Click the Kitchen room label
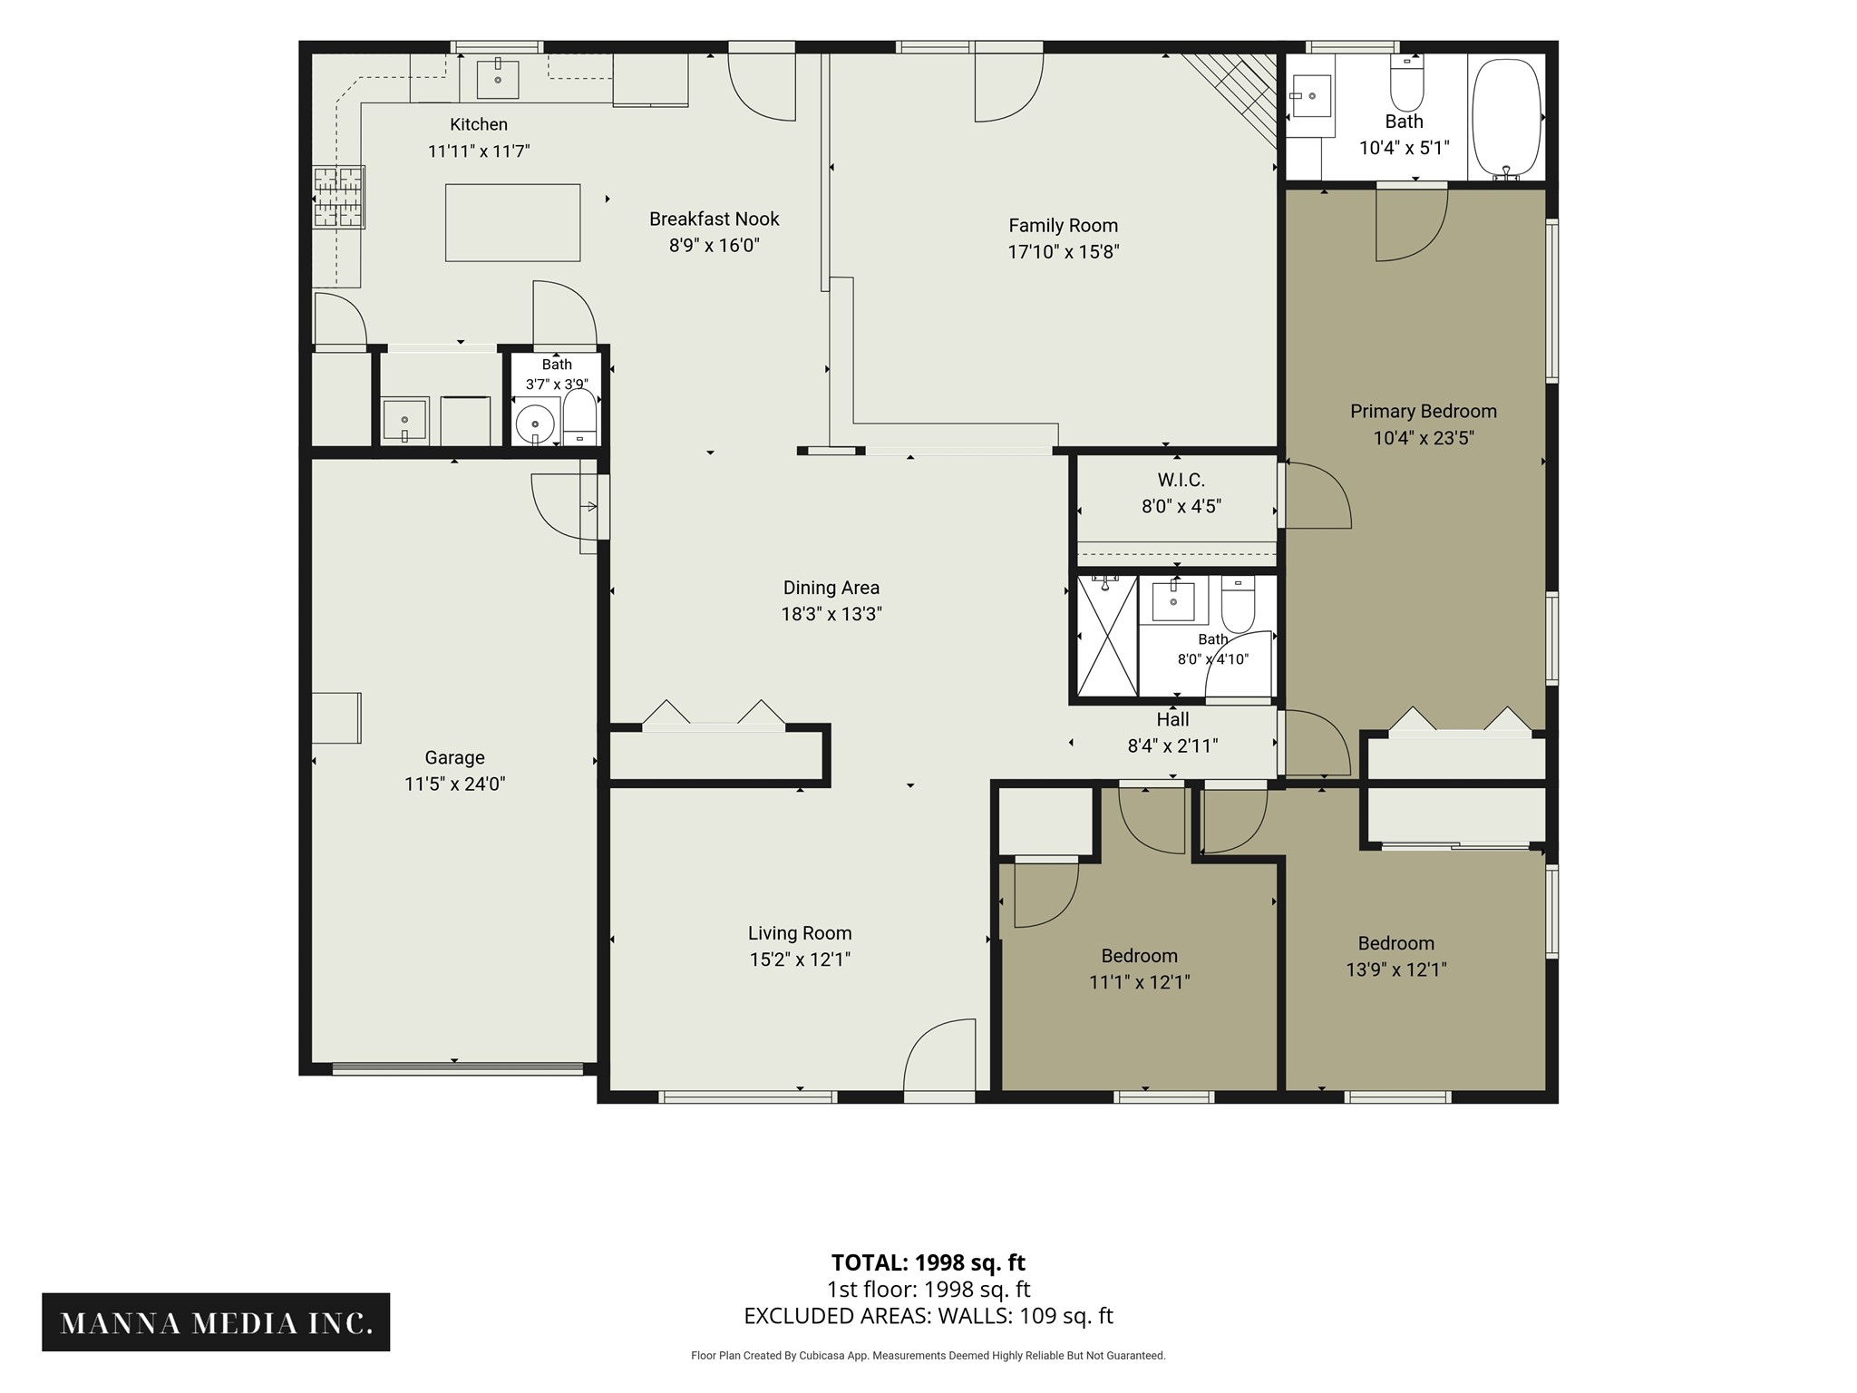(x=479, y=124)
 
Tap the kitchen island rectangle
(x=512, y=222)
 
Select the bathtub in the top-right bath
(x=1506, y=118)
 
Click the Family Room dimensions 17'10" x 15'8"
(x=1064, y=252)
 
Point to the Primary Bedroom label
(x=1423, y=412)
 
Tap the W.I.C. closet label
(x=1181, y=480)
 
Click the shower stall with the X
(x=1106, y=636)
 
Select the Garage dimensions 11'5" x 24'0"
(x=454, y=784)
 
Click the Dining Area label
(x=831, y=588)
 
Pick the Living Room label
(x=800, y=933)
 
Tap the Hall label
(x=1172, y=719)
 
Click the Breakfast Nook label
(x=714, y=219)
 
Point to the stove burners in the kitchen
(x=339, y=196)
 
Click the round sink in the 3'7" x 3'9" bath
(x=535, y=424)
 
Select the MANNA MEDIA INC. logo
(x=216, y=1322)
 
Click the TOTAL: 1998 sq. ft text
(x=928, y=1262)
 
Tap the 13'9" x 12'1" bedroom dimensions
(x=1395, y=969)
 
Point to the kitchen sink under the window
(x=498, y=79)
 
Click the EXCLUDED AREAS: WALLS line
(x=928, y=1316)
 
